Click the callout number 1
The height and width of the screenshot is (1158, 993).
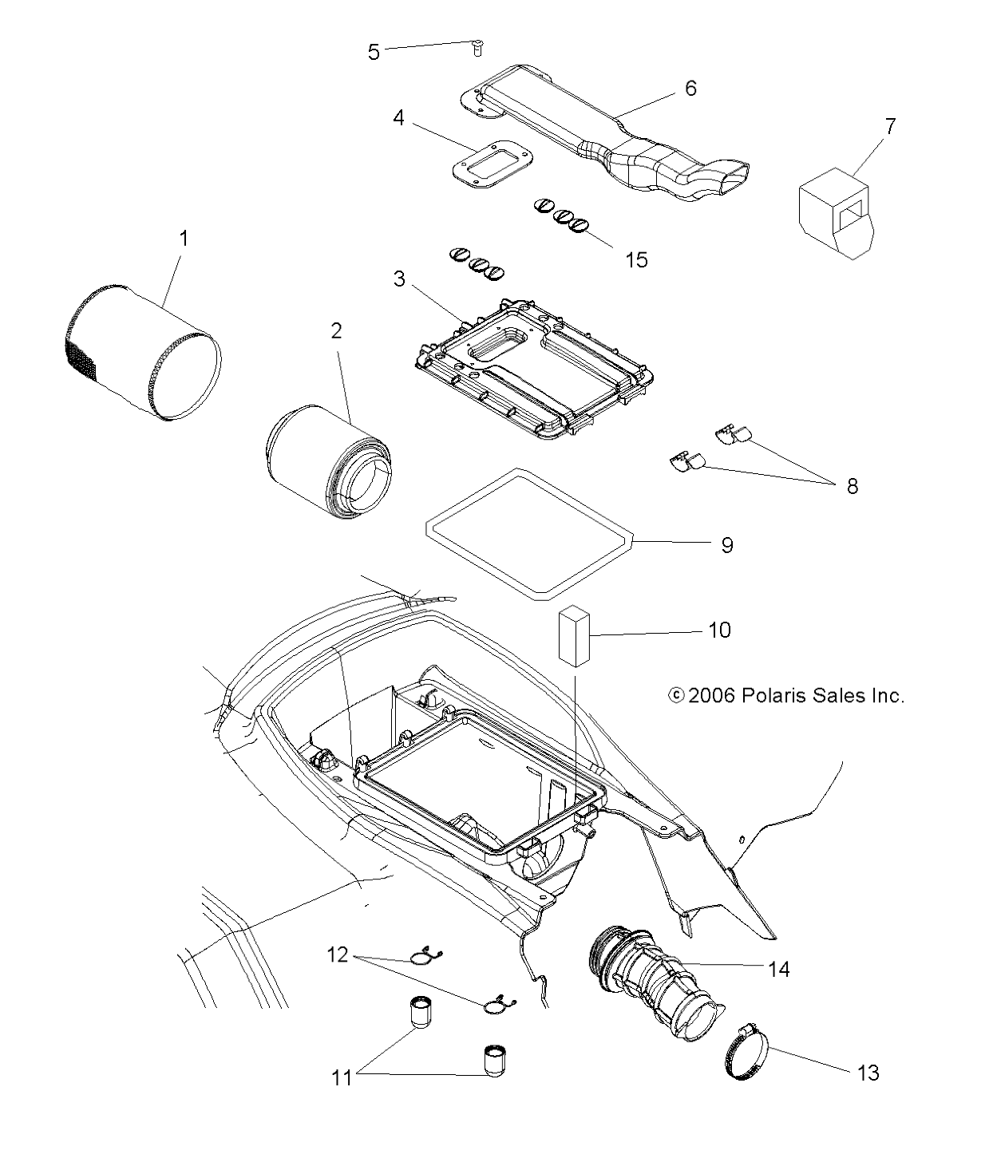[184, 239]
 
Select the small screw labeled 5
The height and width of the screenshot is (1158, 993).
[477, 48]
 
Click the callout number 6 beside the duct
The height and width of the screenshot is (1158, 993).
[690, 89]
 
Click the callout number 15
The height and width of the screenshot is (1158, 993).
[636, 260]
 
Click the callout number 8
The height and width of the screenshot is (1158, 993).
[852, 486]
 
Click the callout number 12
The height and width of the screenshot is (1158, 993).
[338, 954]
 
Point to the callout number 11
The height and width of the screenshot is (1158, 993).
[342, 1077]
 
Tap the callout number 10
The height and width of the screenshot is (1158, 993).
[718, 630]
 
